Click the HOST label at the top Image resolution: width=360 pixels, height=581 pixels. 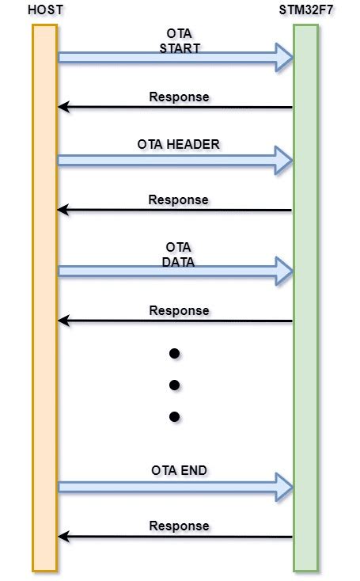pos(45,10)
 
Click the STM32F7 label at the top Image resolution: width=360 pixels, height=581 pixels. pos(305,10)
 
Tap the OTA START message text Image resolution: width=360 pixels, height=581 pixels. pos(179,41)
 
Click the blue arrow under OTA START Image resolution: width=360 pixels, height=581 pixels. pos(174,57)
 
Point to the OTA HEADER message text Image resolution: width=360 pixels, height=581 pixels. pos(179,144)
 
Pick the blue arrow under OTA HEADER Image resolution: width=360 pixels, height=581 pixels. pos(174,161)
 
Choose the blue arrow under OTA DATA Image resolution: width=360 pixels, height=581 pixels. pos(174,272)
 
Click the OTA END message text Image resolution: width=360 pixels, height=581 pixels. pos(179,470)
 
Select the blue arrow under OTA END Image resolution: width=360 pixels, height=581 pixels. pos(174,487)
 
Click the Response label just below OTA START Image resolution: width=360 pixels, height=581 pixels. pos(179,97)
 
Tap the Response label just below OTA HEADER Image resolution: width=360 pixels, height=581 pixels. pos(178,199)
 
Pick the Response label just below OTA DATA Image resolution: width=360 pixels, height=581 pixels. pos(179,310)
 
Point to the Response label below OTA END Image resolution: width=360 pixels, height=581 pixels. pos(179,526)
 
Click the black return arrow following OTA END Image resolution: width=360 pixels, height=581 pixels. pos(174,537)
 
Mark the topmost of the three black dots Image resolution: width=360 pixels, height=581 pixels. pos(175,353)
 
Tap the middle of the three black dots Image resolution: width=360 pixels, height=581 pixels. pos(175,385)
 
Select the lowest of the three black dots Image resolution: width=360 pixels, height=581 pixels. pos(175,416)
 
